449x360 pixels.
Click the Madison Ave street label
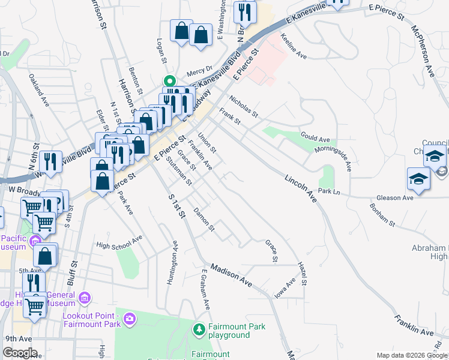tap(231, 273)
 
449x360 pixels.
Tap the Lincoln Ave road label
tap(301, 188)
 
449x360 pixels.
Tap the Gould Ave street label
tap(315, 138)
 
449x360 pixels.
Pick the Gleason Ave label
tap(394, 197)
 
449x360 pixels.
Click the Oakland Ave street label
tap(38, 89)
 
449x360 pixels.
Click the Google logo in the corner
tap(19, 353)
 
